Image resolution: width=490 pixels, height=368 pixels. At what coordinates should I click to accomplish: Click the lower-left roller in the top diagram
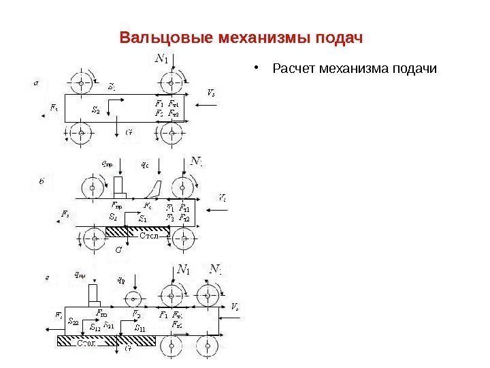(x=84, y=132)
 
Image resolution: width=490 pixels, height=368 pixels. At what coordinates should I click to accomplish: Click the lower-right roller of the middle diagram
(x=182, y=237)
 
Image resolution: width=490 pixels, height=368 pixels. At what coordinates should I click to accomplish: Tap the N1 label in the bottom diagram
(x=183, y=271)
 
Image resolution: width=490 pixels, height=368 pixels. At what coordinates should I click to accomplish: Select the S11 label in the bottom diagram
(x=140, y=328)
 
